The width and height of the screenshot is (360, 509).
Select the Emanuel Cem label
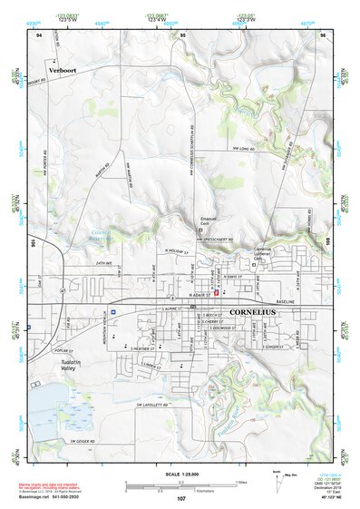[x=209, y=221]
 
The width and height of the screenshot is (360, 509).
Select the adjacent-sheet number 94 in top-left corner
[x=39, y=34]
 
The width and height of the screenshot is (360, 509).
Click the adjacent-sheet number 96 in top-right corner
[x=323, y=34]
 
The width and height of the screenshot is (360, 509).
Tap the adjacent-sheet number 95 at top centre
[x=182, y=34]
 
